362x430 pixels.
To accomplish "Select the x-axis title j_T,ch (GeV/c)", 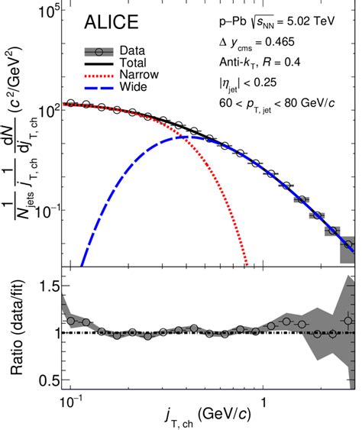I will click(206, 419).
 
